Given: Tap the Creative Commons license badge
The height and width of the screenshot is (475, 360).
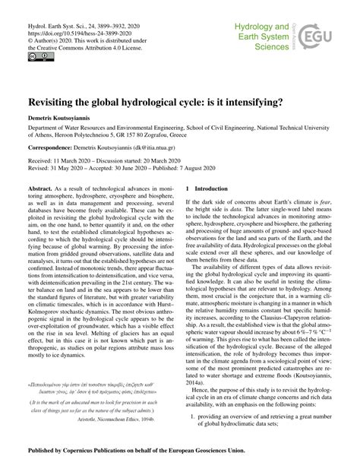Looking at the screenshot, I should pyautogui.click(x=35, y=55).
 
